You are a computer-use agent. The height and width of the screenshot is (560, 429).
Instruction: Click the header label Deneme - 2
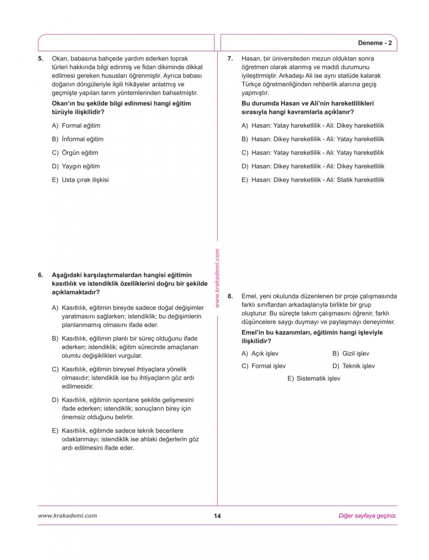[375, 43]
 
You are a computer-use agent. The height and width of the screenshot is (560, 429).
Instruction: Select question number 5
[40, 59]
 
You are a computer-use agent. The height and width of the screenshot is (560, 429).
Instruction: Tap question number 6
[40, 275]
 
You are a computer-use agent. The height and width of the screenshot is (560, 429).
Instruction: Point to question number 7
[230, 59]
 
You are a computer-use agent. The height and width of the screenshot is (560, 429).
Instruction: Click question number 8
[230, 296]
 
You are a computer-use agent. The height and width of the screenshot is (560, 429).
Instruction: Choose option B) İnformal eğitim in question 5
[78, 139]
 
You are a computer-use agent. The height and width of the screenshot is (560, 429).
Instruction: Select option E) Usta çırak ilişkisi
[80, 180]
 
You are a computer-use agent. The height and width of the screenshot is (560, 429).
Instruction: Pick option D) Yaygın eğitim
[76, 166]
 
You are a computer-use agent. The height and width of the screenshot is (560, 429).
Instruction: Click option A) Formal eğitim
[76, 126]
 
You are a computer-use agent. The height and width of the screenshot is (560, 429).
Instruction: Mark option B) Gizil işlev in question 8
[351, 354]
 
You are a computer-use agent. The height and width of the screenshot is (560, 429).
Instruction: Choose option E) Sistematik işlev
[314, 379]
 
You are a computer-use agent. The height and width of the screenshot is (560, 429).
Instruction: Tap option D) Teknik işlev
[354, 366]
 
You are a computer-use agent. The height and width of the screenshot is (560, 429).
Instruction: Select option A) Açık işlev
[260, 354]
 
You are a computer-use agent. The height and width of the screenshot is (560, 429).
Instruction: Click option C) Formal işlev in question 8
[263, 366]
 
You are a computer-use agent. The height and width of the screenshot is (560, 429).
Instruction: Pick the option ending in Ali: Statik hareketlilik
[313, 180]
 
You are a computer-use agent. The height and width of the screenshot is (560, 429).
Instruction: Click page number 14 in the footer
[217, 516]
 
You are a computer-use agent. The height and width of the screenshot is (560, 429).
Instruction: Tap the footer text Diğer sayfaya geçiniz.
[368, 516]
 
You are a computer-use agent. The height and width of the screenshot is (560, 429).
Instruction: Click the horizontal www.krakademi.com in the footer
[67, 516]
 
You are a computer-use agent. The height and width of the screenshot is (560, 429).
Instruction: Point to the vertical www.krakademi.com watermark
[217, 278]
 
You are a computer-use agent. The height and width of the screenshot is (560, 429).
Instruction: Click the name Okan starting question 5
[59, 59]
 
